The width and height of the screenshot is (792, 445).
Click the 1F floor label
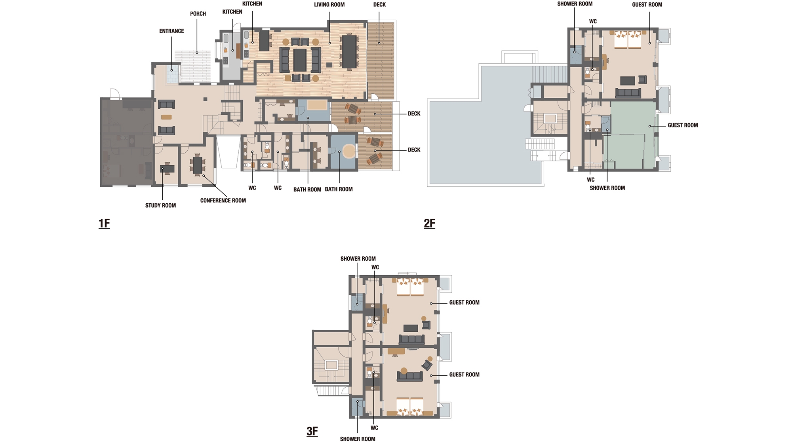(104, 223)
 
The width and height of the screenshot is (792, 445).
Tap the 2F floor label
(429, 223)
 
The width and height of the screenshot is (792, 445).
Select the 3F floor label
(312, 431)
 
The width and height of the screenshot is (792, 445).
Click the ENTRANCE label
(171, 31)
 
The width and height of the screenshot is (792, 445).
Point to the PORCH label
(198, 14)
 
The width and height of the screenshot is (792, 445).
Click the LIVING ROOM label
(329, 5)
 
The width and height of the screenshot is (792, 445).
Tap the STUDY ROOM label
(160, 206)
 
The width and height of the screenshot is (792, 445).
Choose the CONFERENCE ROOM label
(223, 201)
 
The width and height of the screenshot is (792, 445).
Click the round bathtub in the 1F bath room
(349, 151)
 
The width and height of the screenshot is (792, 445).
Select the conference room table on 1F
(197, 165)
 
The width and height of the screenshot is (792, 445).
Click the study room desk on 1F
(167, 169)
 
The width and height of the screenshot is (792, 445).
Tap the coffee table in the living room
(300, 60)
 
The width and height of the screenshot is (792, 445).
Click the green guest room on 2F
(632, 134)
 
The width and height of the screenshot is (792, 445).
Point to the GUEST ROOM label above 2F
(647, 5)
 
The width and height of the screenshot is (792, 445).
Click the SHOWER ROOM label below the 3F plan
(358, 439)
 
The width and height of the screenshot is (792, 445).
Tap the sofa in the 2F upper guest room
(628, 93)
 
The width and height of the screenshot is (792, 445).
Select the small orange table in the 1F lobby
(167, 117)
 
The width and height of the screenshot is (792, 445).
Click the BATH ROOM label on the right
(339, 189)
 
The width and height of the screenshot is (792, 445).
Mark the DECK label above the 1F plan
(379, 5)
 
